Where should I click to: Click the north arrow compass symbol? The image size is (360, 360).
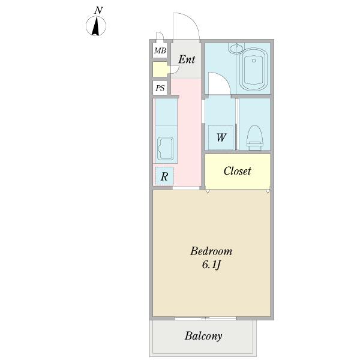click(96, 26)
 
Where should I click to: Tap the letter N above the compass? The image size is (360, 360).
click(98, 10)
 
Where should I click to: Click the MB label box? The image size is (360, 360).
click(160, 50)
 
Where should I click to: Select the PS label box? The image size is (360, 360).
click(160, 88)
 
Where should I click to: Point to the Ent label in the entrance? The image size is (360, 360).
click(187, 59)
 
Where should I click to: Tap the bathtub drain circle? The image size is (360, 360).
click(254, 61)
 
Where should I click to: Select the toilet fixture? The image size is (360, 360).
click(254, 138)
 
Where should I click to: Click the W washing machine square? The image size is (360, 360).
click(221, 137)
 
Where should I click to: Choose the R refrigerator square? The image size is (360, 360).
click(164, 176)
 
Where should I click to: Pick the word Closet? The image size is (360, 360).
click(237, 171)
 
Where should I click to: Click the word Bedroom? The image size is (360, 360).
click(211, 251)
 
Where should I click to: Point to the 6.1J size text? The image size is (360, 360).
click(211, 265)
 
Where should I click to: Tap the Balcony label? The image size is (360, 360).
click(203, 336)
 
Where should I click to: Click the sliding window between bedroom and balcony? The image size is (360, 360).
click(205, 318)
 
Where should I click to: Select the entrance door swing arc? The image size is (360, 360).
click(192, 20)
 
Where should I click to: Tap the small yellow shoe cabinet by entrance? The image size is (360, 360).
click(160, 69)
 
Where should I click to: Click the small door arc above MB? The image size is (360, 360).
click(161, 35)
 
